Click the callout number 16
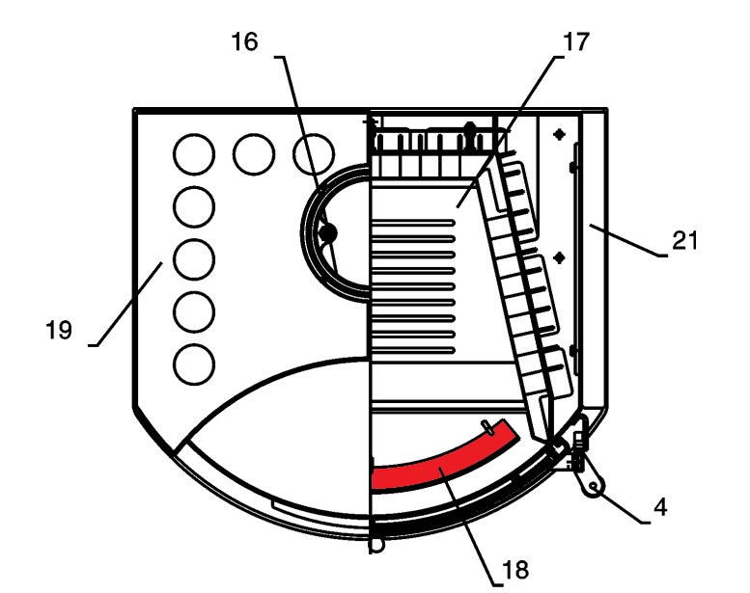click(x=243, y=43)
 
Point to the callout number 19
click(x=58, y=330)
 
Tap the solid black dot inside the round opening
click(x=327, y=233)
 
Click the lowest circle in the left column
click(x=192, y=364)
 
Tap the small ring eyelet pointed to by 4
click(x=596, y=489)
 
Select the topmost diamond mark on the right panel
click(x=557, y=136)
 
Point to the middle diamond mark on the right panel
click(x=557, y=256)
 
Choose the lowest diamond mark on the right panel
click(x=571, y=350)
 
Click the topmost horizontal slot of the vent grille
click(x=413, y=222)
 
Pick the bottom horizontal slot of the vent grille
click(x=413, y=335)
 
